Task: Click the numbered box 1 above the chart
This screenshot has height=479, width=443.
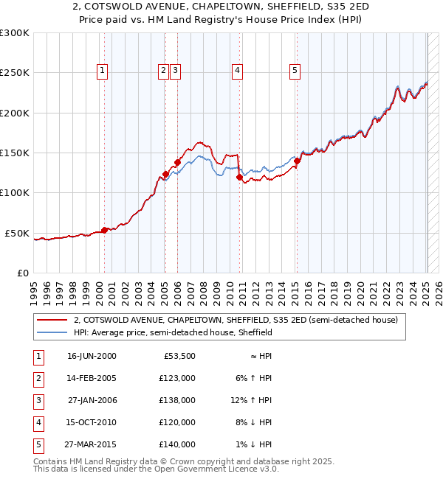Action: pyautogui.click(x=102, y=71)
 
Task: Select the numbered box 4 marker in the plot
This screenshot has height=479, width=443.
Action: pyautogui.click(x=238, y=71)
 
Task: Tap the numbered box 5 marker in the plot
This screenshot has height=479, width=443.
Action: pyautogui.click(x=295, y=71)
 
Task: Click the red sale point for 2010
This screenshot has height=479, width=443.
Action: pyautogui.click(x=239, y=177)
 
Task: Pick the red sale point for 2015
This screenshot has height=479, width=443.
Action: pyautogui.click(x=297, y=161)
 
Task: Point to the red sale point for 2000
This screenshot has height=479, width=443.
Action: pyautogui.click(x=104, y=230)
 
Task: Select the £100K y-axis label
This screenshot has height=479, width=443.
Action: pyautogui.click(x=15, y=192)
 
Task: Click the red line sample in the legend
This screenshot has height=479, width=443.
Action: pyautogui.click(x=52, y=321)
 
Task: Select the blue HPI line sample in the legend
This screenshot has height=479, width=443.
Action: pyautogui.click(x=52, y=332)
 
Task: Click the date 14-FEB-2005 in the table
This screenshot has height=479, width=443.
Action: pyautogui.click(x=92, y=378)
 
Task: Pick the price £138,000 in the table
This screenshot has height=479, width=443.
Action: pyautogui.click(x=177, y=400)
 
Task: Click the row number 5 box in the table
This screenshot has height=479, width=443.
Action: pyautogui.click(x=38, y=444)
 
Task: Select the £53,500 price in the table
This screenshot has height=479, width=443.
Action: pyautogui.click(x=179, y=356)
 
